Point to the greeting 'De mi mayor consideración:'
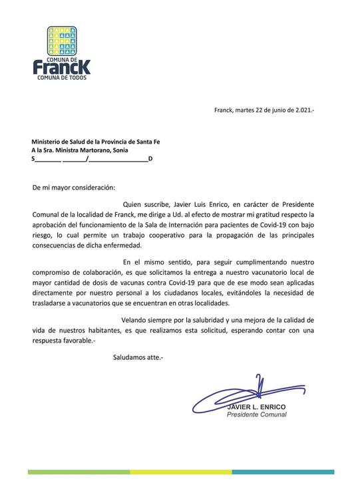(x=74, y=188)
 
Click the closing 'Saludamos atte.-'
(x=137, y=358)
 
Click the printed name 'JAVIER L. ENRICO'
(x=256, y=407)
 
